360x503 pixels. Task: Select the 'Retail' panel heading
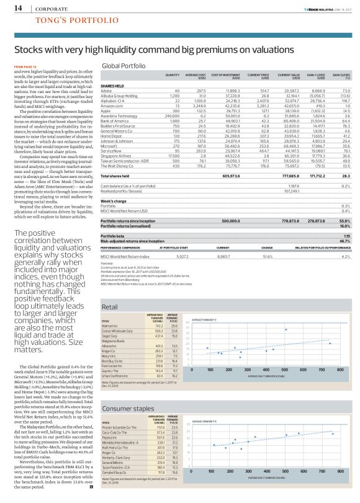(x=110, y=307)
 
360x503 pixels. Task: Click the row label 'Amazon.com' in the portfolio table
(x=112, y=106)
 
